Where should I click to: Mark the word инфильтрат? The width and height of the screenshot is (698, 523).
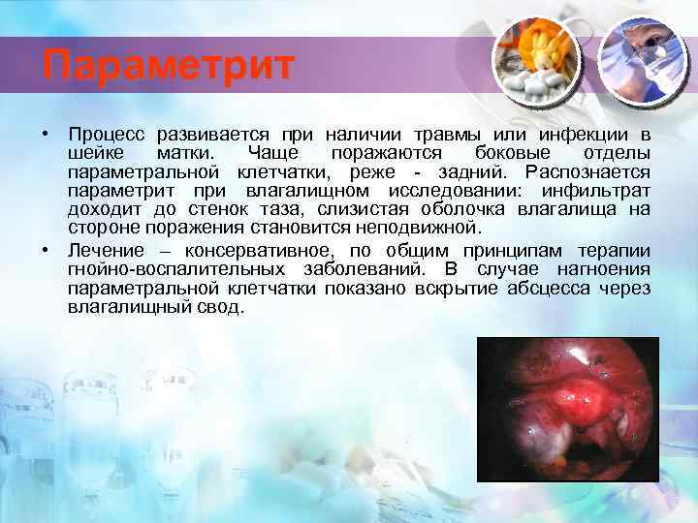click(x=596, y=190)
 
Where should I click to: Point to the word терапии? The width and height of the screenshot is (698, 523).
click(x=617, y=251)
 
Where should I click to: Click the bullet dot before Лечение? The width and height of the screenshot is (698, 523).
click(x=46, y=250)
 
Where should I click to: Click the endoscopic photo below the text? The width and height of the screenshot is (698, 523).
click(x=568, y=409)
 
